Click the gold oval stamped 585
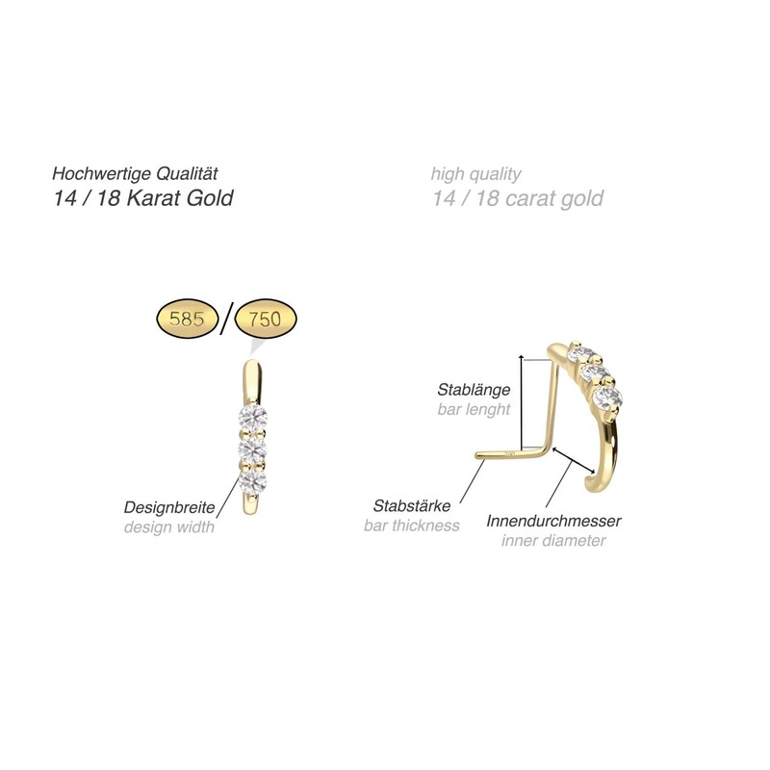[x=188, y=320]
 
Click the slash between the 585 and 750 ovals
[x=225, y=320]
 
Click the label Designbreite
[x=168, y=507]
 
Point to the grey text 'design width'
[x=168, y=526]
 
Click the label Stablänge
[x=473, y=390]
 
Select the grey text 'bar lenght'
[x=473, y=410]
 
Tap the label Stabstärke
[x=410, y=505]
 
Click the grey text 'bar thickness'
[x=411, y=526]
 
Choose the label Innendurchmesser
[x=553, y=521]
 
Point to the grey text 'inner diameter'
[x=553, y=541]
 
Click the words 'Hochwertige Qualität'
[x=137, y=174]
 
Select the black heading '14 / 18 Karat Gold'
[x=142, y=199]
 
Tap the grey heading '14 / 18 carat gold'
[x=518, y=199]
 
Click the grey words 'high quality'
[x=476, y=174]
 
